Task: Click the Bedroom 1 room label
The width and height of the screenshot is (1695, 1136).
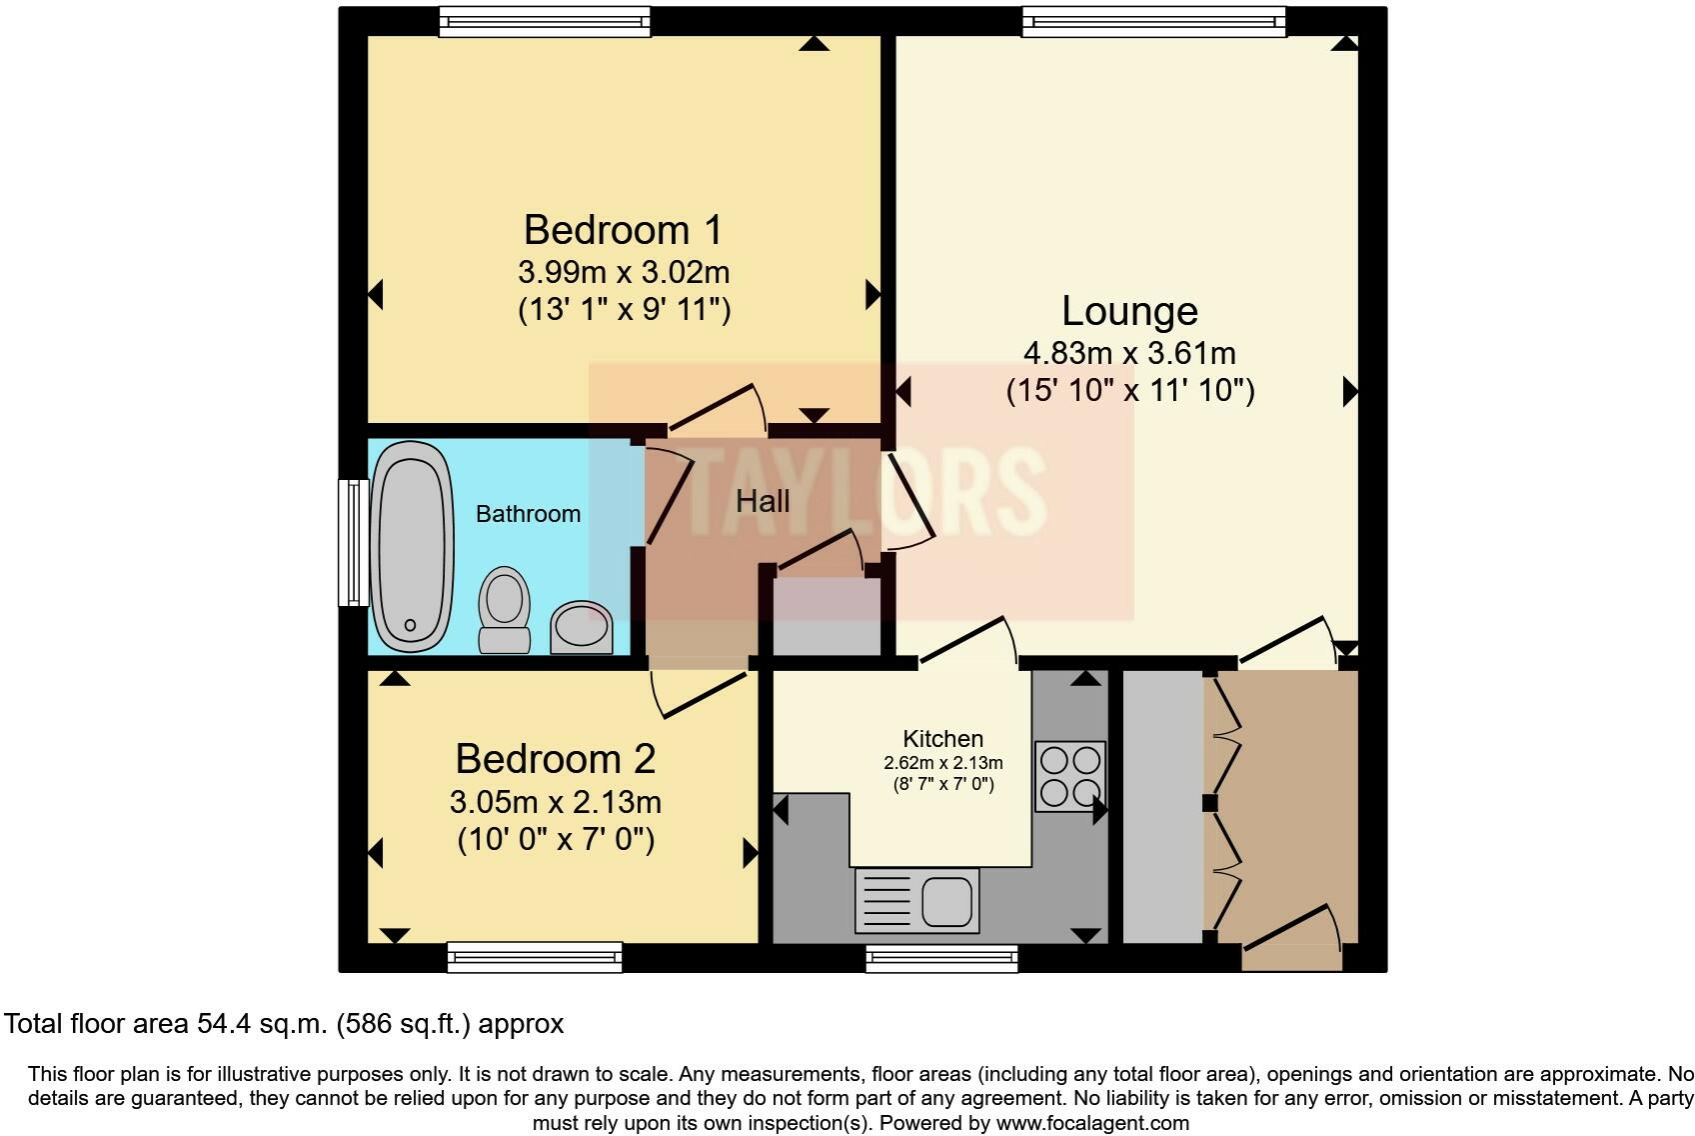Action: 623,230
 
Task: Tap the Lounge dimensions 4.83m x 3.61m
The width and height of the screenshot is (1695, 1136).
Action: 1129,353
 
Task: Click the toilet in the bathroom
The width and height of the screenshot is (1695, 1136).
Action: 504,609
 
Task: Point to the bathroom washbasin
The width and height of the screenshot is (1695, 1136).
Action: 581,627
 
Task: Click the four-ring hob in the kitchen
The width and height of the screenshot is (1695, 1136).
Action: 1069,775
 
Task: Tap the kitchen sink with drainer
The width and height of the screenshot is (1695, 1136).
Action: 916,900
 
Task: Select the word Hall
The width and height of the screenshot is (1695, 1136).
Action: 763,501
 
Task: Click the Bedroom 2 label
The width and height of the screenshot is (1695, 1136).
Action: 555,759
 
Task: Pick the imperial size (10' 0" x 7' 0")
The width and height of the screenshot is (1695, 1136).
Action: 556,838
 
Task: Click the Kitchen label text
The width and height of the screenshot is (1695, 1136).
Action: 942,739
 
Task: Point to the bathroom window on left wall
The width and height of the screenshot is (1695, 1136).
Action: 353,542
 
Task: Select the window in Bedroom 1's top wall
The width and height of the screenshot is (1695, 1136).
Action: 545,21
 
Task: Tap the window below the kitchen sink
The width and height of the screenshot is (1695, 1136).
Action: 941,959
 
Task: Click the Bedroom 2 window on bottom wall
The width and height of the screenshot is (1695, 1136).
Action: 535,957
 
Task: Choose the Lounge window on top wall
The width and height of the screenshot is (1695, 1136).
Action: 1153,21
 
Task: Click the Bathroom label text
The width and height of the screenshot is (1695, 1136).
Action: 528,514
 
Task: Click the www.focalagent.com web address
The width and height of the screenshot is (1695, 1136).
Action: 1092,1122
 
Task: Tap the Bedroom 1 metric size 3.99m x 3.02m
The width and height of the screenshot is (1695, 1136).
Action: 624,272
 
